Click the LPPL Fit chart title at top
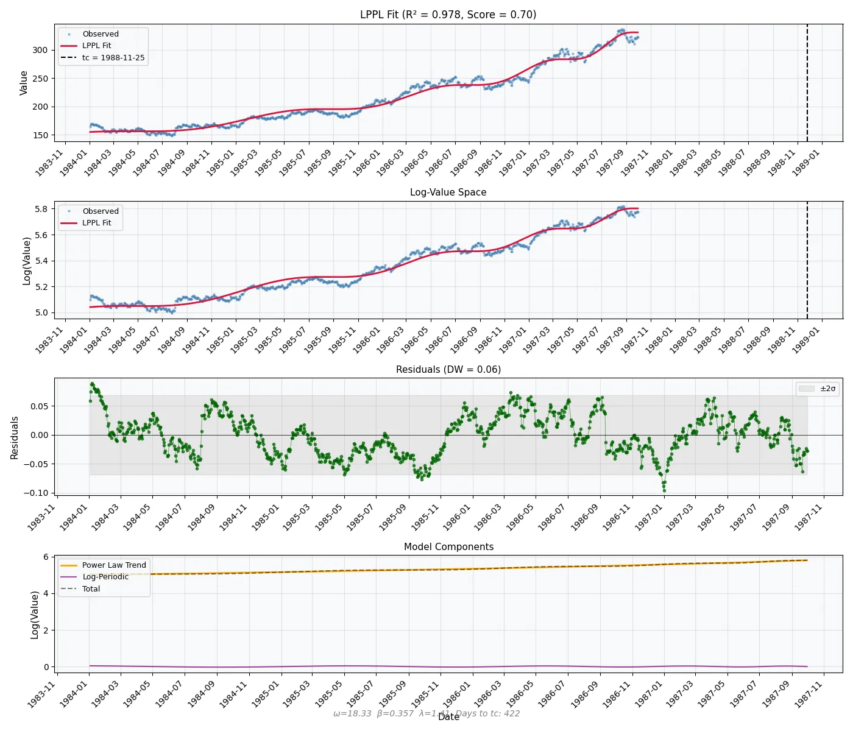pos(448,15)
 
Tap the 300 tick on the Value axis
pos(40,50)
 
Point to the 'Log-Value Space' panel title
pos(448,192)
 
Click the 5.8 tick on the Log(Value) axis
pos(41,209)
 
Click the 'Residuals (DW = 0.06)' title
pos(448,369)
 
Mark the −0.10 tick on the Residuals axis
pos(36,493)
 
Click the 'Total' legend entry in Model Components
pos(91,589)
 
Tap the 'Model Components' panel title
pos(448,546)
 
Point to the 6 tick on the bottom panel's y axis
pos(46,557)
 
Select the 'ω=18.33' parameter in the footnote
pos(352,713)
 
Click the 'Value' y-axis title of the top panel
pos(24,83)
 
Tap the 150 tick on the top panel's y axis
pos(40,135)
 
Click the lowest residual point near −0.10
pos(664,490)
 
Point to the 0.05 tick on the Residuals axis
pos(40,406)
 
